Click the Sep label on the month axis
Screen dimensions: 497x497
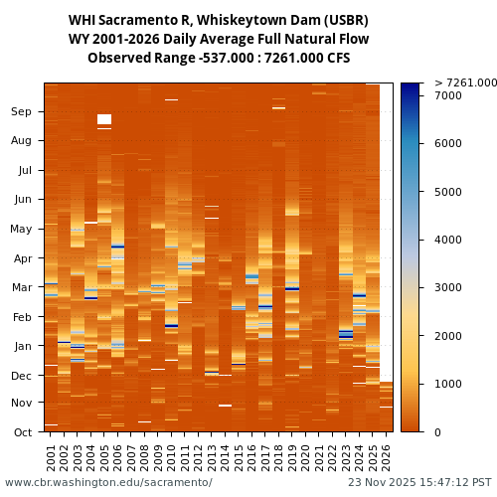[21, 112]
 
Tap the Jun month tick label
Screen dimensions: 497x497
[21, 200]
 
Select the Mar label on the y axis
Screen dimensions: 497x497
[21, 288]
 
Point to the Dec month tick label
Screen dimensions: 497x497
[21, 376]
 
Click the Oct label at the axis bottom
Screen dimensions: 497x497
[21, 432]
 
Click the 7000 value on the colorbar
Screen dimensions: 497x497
[448, 96]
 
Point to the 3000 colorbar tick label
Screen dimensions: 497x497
[448, 288]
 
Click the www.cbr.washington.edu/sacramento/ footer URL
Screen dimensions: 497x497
[108, 483]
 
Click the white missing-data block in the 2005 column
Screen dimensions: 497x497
[104, 119]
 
